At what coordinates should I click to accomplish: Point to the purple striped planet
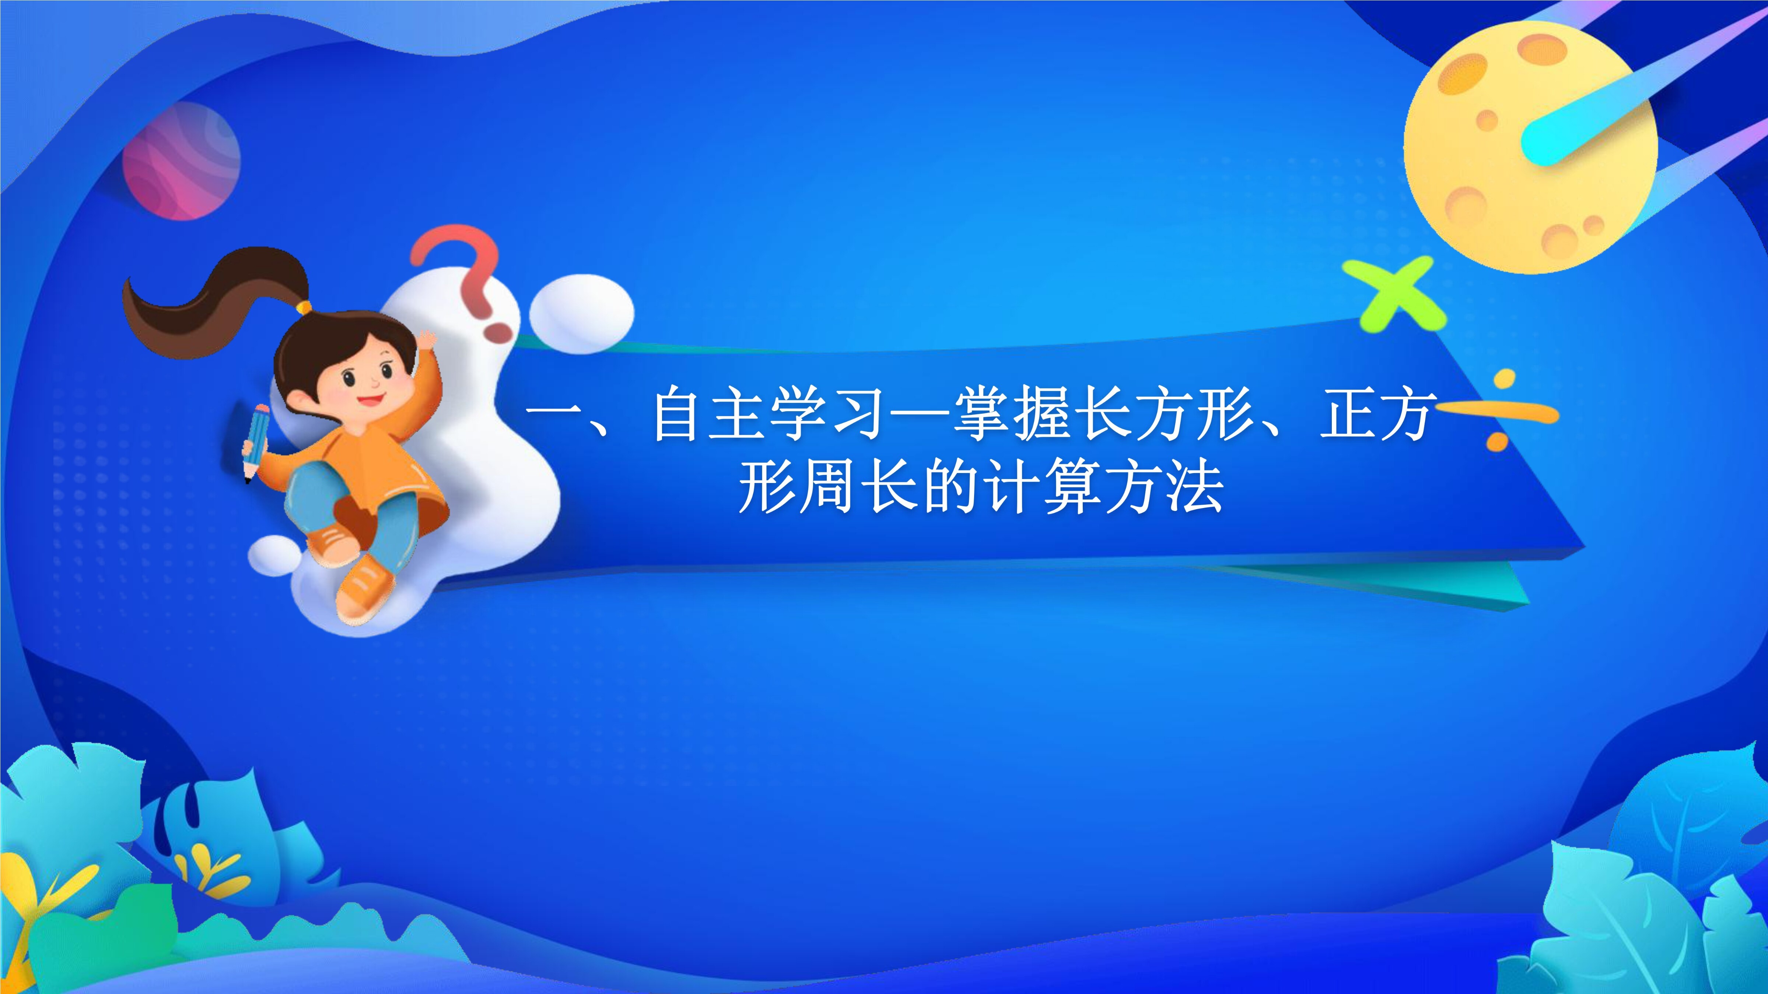(x=181, y=161)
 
